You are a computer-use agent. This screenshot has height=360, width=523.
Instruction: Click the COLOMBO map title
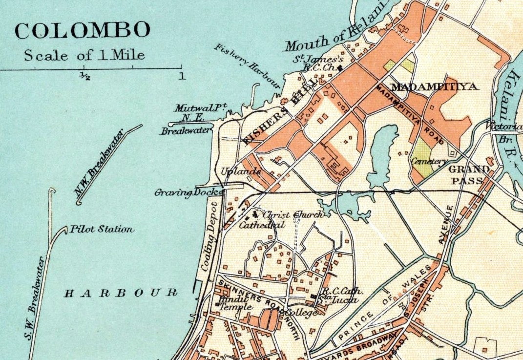click(82, 30)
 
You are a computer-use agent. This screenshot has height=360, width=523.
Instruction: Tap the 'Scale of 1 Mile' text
click(84, 55)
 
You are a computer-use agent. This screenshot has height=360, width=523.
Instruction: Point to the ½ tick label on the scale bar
click(84, 76)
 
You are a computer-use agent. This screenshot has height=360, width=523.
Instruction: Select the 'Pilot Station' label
click(102, 229)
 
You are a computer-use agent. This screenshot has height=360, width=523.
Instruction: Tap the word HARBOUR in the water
click(121, 293)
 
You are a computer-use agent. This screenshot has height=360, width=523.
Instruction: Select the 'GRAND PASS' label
click(469, 174)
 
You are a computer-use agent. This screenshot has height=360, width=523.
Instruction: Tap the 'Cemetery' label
click(429, 162)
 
